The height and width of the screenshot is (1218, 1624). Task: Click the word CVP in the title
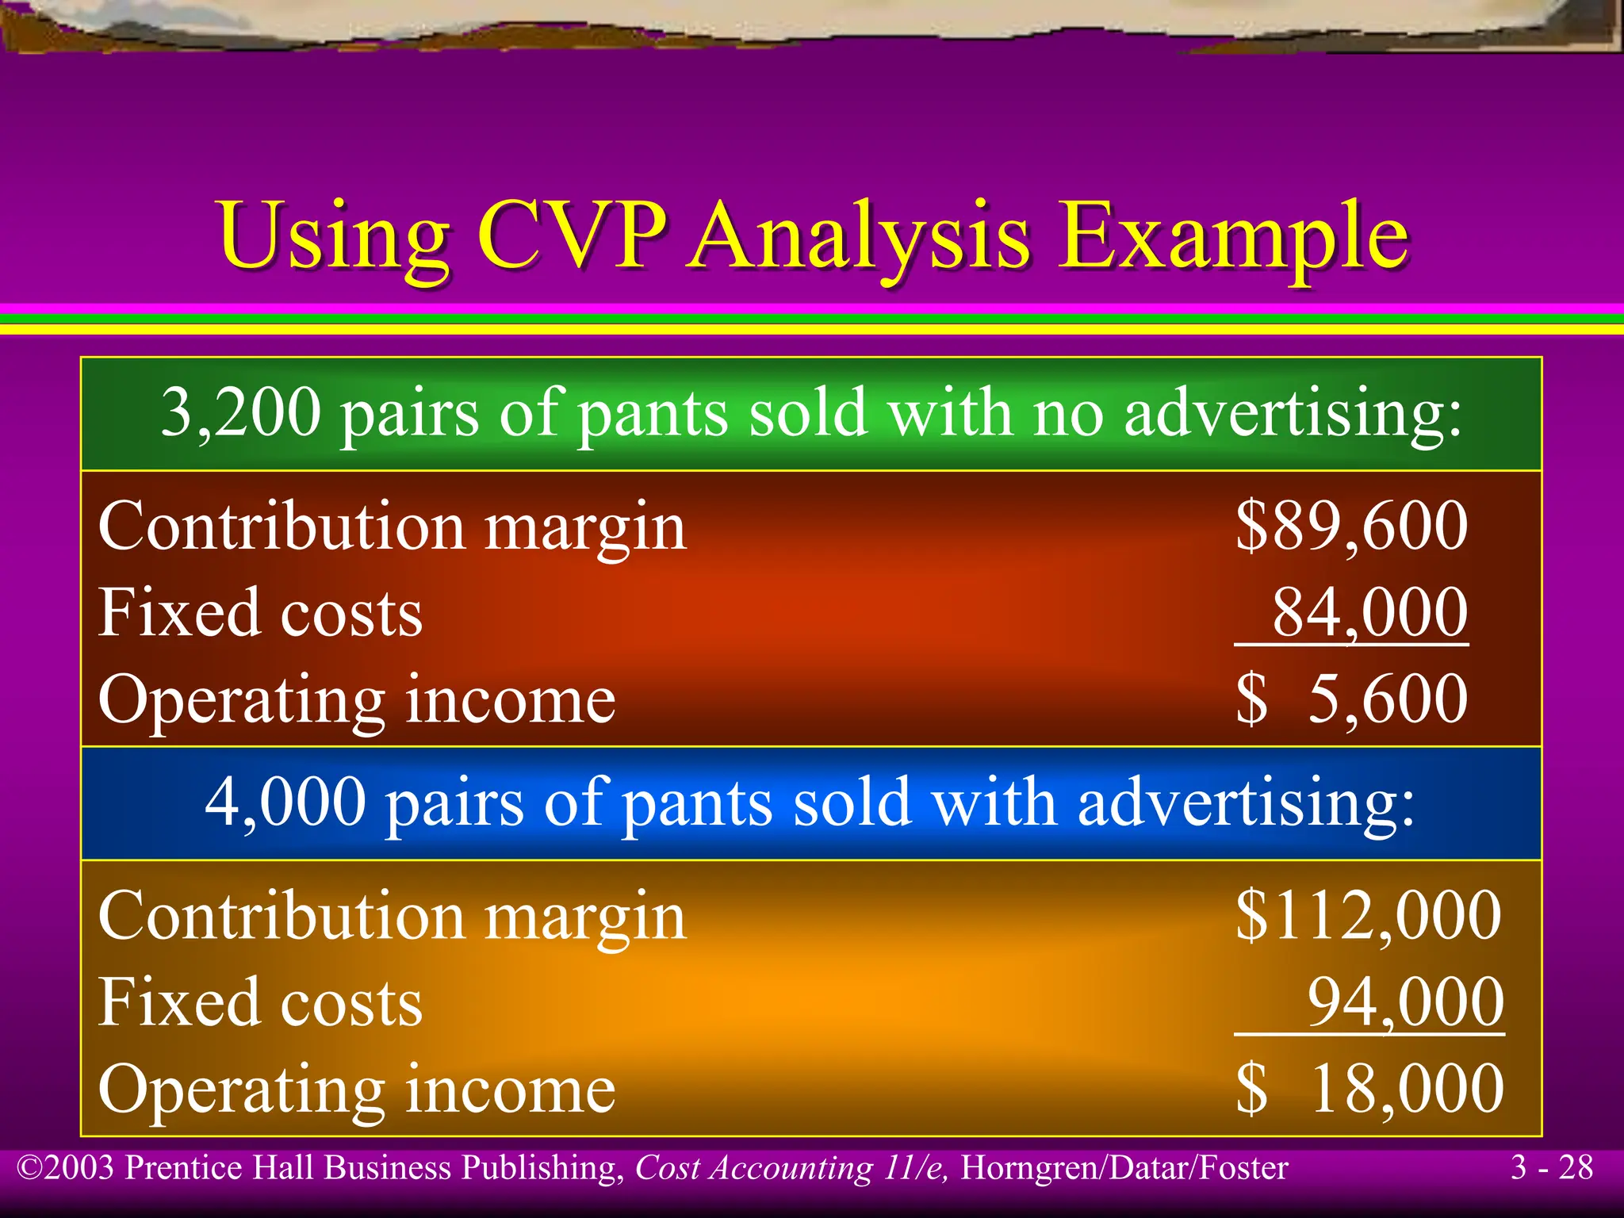point(572,236)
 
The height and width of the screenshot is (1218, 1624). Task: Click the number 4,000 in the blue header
point(285,802)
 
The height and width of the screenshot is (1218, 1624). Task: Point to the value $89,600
point(1351,527)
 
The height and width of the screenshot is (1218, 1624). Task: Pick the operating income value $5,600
point(1351,699)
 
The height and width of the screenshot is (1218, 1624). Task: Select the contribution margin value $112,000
point(1368,916)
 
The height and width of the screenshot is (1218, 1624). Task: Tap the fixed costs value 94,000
point(1405,1002)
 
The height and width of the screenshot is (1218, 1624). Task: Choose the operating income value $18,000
point(1369,1089)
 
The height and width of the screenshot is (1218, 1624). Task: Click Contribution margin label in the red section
point(392,528)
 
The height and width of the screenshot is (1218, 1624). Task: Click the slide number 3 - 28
point(1551,1168)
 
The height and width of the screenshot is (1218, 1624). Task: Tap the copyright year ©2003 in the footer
point(67,1168)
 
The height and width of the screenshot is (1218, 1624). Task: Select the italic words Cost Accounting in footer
point(754,1168)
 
